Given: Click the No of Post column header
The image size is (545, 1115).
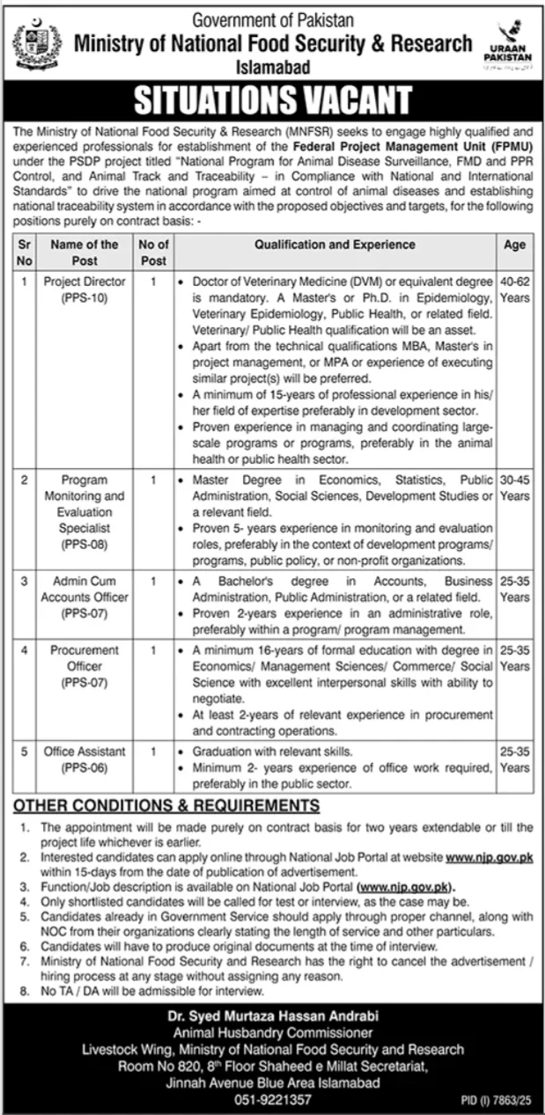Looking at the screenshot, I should pos(153,253).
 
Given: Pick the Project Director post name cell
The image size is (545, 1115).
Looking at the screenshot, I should pos(85,290).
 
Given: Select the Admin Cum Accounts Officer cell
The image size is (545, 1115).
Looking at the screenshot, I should pos(85,597).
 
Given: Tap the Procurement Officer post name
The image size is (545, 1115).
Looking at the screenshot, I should pos(85,665).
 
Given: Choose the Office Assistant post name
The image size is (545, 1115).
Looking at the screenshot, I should pos(85,759).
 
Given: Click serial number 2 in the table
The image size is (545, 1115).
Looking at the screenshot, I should pos(25,480).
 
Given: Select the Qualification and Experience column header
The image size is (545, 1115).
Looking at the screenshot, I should pos(336,246).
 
